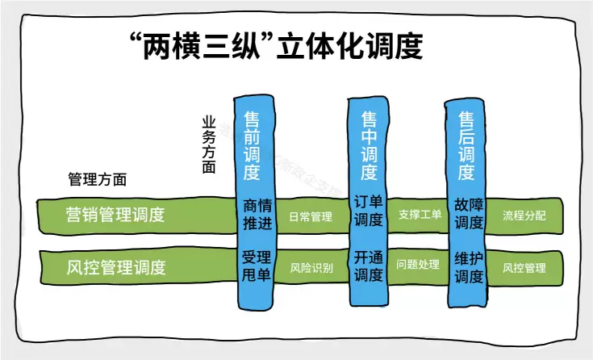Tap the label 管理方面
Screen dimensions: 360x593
pos(98,179)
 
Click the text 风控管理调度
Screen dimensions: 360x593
pos(115,267)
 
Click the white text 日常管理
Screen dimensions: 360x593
pos(311,216)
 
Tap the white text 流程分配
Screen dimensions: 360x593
pos(524,216)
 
